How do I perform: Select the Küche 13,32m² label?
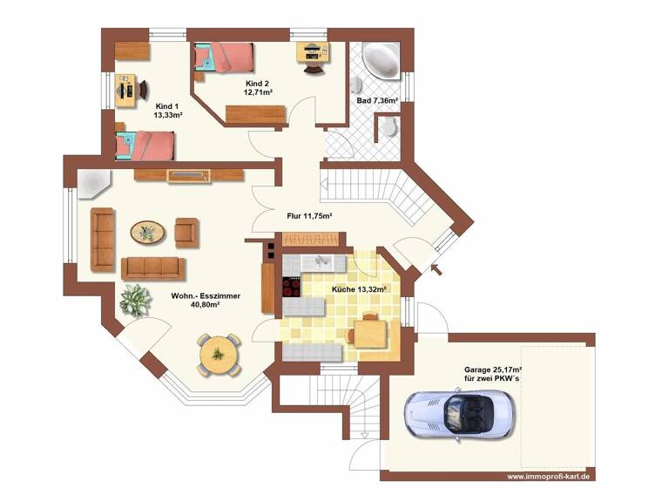[359, 288]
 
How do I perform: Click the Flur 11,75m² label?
[309, 215]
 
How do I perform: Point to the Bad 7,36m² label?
[377, 101]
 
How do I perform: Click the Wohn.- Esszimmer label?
[206, 301]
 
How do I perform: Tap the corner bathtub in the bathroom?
[381, 60]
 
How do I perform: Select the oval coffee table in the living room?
[147, 232]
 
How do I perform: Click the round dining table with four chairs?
[218, 354]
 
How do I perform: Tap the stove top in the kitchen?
[292, 287]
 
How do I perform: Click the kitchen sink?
[322, 261]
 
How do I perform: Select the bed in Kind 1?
[145, 146]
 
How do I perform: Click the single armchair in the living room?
[186, 231]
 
